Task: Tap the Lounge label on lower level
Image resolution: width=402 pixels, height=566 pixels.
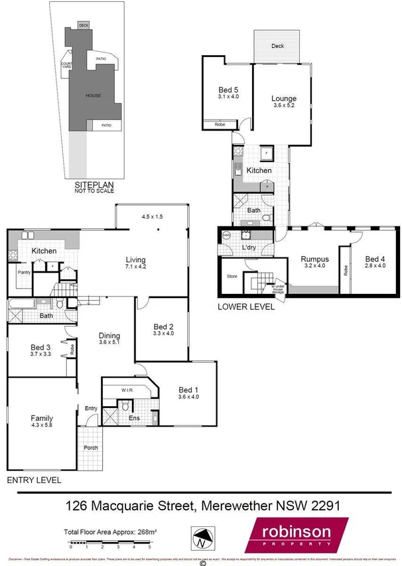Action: click(x=284, y=100)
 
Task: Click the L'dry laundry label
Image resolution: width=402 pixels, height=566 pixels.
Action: click(x=249, y=248)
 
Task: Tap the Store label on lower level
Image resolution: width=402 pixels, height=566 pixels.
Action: click(x=232, y=276)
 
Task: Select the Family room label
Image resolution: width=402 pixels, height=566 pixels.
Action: click(x=42, y=418)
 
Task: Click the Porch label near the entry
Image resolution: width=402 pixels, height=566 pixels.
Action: click(x=91, y=447)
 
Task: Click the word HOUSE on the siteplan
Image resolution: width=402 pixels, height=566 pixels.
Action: click(x=93, y=96)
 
